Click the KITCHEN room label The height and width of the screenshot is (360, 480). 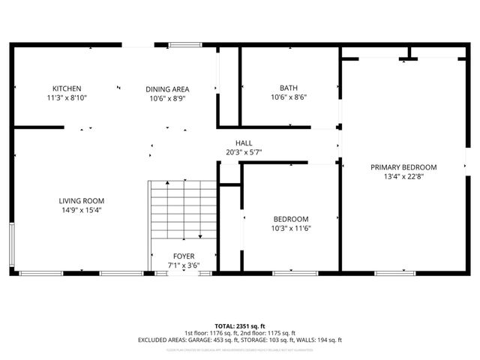point(67,88)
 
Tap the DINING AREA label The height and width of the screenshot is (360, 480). point(167,88)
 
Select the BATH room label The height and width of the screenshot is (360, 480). point(289,88)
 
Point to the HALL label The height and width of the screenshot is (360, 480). point(244,142)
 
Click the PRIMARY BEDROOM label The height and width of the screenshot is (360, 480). point(403,167)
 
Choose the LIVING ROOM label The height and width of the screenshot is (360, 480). point(82,200)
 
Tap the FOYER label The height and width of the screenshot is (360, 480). point(184,256)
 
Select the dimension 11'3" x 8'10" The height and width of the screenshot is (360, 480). point(67,97)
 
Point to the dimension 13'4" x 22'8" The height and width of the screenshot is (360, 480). point(403,177)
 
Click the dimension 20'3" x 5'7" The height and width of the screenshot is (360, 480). point(244,152)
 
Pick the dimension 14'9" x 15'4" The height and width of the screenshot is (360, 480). point(82,210)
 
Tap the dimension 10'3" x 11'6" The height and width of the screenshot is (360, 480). point(290,229)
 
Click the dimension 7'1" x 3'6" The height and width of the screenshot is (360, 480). point(184,265)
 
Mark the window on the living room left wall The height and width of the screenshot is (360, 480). point(11,246)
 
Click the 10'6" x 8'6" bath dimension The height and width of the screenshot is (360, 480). point(289,97)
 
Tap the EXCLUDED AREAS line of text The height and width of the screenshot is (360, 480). point(240,340)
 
